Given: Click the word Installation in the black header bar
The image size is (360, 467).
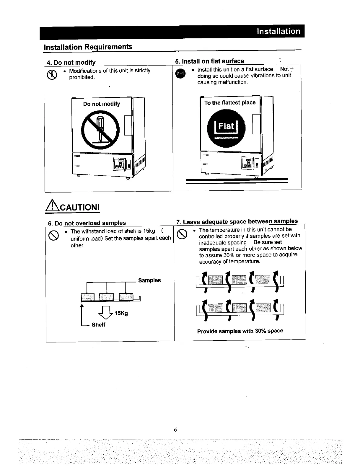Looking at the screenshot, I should (278, 31).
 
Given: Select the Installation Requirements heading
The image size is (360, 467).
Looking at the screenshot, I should (88, 47).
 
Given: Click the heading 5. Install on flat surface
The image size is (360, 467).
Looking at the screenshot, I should (209, 61).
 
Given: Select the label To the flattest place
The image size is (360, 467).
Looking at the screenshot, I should (230, 103).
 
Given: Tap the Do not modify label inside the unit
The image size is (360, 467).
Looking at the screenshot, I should (102, 104).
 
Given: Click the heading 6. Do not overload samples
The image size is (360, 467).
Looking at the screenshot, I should (87, 223).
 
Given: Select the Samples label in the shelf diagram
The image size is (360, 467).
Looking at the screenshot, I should (149, 280).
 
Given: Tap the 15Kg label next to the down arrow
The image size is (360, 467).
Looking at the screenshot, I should (121, 313).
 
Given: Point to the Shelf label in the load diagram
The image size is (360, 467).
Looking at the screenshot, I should (98, 325).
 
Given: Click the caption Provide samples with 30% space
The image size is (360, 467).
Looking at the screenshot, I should (240, 331).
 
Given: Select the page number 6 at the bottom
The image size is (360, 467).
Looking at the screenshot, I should (175, 430).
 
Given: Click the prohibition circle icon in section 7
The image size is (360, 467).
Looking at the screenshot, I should (182, 234).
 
